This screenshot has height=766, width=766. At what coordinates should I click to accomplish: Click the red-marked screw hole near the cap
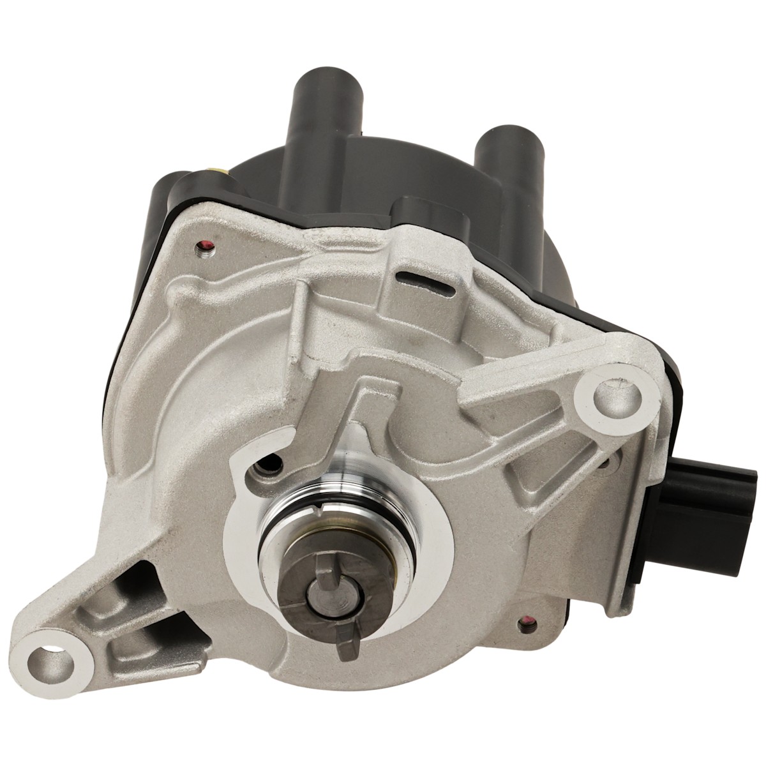coord(206,244)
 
